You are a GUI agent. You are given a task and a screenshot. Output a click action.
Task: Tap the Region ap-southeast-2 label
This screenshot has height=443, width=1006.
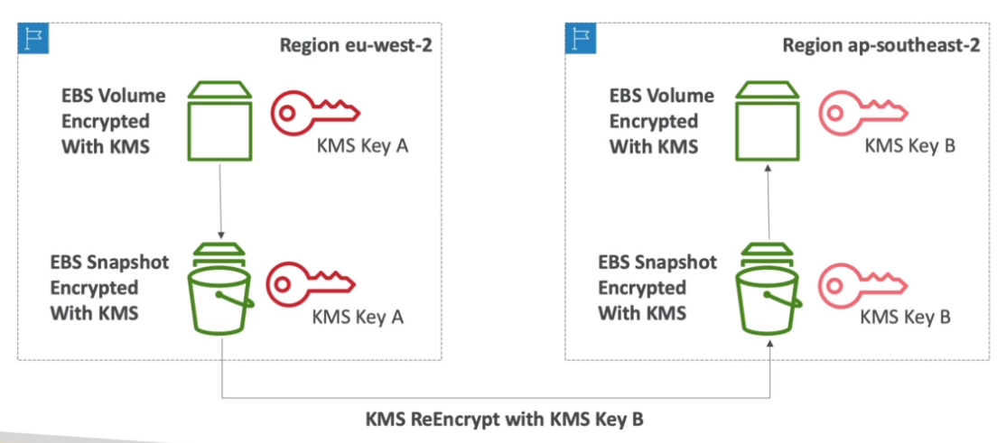pyautogui.click(x=880, y=47)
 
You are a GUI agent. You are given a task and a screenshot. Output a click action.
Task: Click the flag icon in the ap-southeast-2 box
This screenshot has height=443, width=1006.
pyautogui.click(x=581, y=37)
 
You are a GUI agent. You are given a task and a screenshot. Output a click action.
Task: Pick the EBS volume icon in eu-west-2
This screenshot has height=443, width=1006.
pyautogui.click(x=219, y=121)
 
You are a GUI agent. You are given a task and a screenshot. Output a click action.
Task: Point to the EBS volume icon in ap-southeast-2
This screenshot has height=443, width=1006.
pyautogui.click(x=768, y=121)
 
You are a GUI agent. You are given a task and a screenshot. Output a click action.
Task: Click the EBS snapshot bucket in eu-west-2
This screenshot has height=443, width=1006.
pyautogui.click(x=220, y=288)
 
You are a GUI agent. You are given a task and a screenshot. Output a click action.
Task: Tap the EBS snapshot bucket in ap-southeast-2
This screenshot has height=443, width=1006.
pyautogui.click(x=768, y=288)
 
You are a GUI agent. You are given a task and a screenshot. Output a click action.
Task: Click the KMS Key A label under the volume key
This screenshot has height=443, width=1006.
pyautogui.click(x=362, y=146)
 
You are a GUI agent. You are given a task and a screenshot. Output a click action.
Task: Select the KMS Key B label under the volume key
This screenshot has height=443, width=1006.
pyautogui.click(x=910, y=146)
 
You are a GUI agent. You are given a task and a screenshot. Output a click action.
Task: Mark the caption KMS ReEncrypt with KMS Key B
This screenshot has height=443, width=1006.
pyautogui.click(x=504, y=420)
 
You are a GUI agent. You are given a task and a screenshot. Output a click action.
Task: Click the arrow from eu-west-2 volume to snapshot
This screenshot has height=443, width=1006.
pyautogui.click(x=220, y=199)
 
